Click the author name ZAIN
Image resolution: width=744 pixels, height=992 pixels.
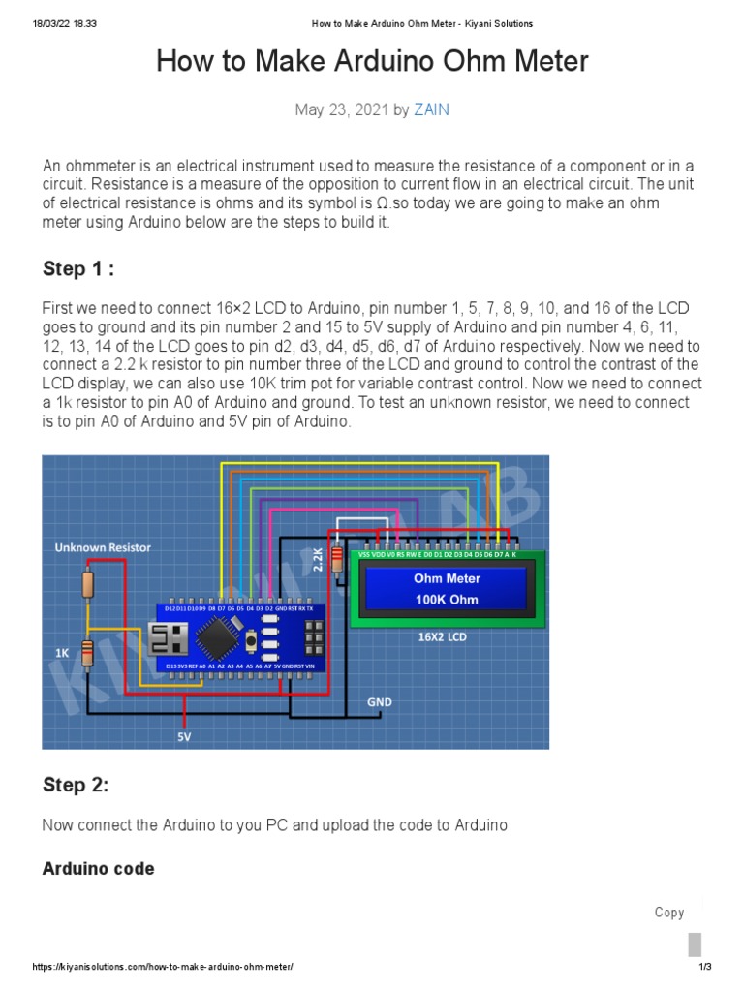(431, 109)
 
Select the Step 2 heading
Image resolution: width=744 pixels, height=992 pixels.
(76, 785)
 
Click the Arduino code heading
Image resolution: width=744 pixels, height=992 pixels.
(98, 869)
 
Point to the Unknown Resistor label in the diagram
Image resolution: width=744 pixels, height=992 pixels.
(103, 547)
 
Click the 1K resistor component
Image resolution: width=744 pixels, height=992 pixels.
(87, 654)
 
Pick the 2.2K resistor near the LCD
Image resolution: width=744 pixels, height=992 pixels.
(337, 559)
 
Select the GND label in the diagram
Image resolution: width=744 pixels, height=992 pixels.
(380, 700)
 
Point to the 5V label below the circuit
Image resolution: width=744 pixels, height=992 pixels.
(184, 736)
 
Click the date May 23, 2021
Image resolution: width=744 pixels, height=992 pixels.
(341, 109)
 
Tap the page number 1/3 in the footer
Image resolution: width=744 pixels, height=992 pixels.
(704, 967)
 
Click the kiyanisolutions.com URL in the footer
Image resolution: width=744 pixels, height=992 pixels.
(162, 967)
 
